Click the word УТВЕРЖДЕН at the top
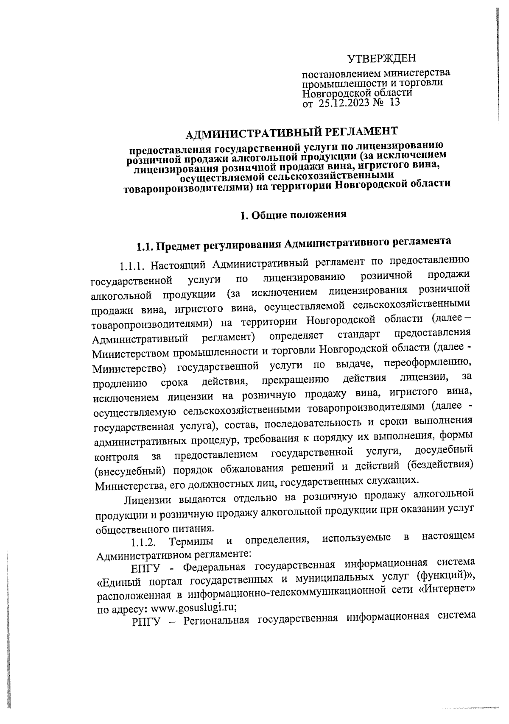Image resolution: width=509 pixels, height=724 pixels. click(x=382, y=58)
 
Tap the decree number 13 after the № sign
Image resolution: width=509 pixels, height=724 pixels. click(x=394, y=102)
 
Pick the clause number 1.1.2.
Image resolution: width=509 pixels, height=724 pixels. click(x=144, y=543)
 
